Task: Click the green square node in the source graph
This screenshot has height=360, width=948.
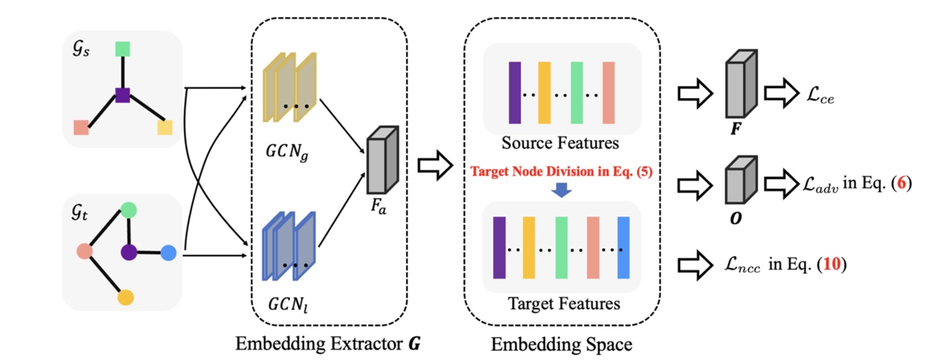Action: (122, 49)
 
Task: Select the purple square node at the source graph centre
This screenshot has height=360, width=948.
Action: (122, 96)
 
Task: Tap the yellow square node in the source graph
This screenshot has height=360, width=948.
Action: (165, 127)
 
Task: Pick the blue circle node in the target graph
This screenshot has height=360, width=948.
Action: (169, 253)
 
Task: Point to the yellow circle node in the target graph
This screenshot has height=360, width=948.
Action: (125, 297)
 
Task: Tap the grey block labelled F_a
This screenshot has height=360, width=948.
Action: (382, 161)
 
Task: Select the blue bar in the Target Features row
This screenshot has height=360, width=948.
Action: (623, 247)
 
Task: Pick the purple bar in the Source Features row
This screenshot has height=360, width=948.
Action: (515, 93)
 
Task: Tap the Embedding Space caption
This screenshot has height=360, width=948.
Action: (561, 344)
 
